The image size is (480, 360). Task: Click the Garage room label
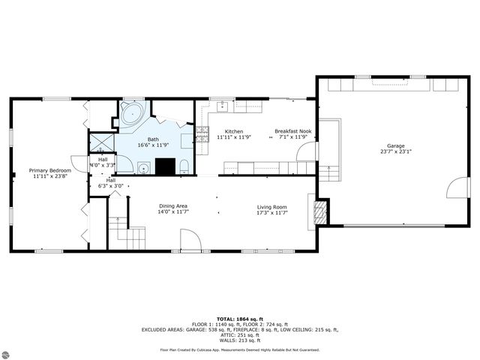(x=395, y=145)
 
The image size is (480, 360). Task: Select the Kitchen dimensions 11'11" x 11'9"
(x=233, y=137)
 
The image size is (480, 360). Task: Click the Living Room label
(x=272, y=206)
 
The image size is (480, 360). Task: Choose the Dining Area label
(x=172, y=206)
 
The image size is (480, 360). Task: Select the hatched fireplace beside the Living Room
(x=320, y=212)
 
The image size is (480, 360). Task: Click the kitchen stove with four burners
(x=202, y=134)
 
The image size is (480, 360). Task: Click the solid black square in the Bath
(x=166, y=166)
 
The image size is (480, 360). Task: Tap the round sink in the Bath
(x=142, y=166)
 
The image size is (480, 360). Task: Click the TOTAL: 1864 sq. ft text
(x=239, y=319)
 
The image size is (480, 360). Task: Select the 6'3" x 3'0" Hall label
(x=110, y=183)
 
